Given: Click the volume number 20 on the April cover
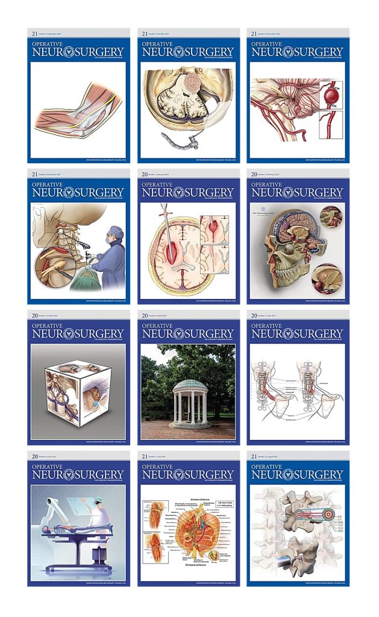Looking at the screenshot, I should pyautogui.click(x=145, y=315).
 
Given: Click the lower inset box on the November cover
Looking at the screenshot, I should pyautogui.click(x=331, y=127).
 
